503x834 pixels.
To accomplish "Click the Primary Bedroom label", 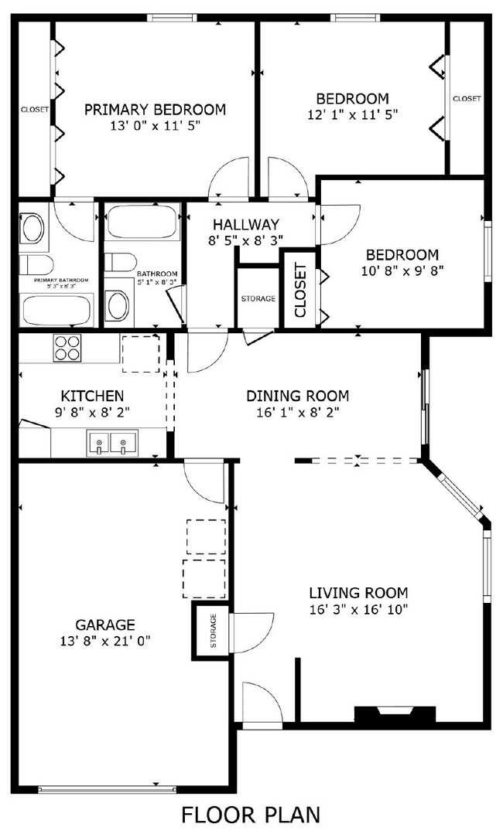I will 155,109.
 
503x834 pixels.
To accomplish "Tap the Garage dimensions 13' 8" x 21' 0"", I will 105,640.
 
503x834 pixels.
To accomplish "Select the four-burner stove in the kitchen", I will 67,348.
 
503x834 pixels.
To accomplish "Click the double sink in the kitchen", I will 110,444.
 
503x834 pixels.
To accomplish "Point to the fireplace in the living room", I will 395,715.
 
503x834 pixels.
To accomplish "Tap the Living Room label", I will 358,593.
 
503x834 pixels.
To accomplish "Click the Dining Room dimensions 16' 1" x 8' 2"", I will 297,412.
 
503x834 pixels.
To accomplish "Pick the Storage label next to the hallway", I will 258,298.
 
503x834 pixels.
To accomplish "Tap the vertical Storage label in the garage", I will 213,631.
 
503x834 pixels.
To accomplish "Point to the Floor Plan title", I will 251,814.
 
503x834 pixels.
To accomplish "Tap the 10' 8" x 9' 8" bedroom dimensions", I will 402,271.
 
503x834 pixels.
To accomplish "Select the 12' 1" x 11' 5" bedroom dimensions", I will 352,114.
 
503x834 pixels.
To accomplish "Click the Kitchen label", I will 92,396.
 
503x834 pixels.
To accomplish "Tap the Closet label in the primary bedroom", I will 35,110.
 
